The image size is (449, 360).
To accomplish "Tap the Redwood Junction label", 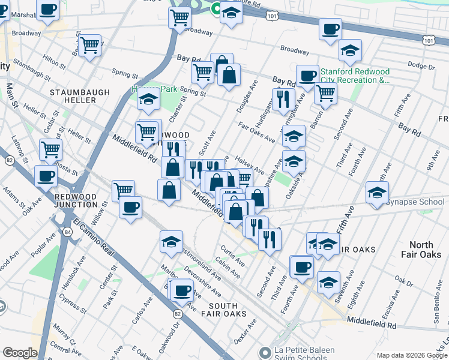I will click(x=76, y=200).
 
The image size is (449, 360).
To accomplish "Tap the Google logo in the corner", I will click(x=20, y=353).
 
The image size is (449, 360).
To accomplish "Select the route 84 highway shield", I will click(x=68, y=231).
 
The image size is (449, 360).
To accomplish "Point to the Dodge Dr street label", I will click(x=420, y=65).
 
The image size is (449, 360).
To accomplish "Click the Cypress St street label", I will click(x=73, y=304).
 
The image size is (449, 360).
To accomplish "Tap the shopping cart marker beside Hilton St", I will click(x=89, y=44).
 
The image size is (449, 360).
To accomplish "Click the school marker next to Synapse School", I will click(x=377, y=193).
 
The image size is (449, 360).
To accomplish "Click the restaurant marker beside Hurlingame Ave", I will click(x=281, y=98).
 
